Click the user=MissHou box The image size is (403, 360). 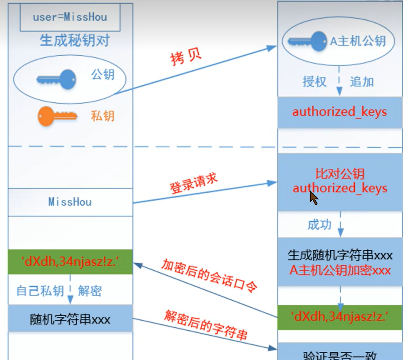coord(70,17)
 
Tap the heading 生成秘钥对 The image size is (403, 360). coord(75,41)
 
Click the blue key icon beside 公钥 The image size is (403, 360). coord(56,78)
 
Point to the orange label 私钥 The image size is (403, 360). coord(103,117)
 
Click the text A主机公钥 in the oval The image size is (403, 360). coord(357,41)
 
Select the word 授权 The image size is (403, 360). coord(315,82)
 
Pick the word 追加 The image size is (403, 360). coord(362,82)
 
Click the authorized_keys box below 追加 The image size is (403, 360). coord(340,112)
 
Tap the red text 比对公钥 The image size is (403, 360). coord(340,174)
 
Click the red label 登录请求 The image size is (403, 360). coord(194,184)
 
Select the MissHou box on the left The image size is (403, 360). coord(70,202)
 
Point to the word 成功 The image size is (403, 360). coord(319,225)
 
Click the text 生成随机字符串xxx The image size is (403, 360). coord(340,255)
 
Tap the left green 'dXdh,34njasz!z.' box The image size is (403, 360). coord(70,262)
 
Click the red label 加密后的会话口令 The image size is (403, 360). coord(209,276)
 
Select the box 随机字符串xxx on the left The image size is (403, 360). coord(70,319)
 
